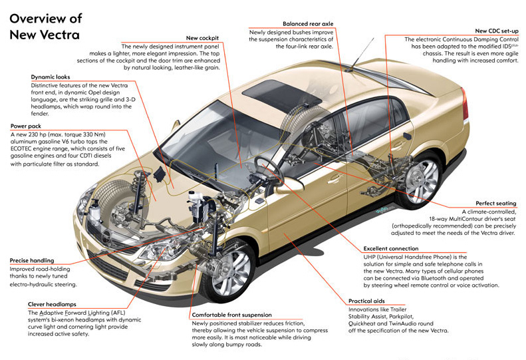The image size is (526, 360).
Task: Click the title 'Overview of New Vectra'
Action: pos(45,27)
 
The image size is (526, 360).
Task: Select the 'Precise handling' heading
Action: pos(33,260)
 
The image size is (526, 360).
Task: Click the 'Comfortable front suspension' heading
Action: pos(231,314)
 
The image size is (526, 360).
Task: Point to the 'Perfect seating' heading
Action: pos(495,204)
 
